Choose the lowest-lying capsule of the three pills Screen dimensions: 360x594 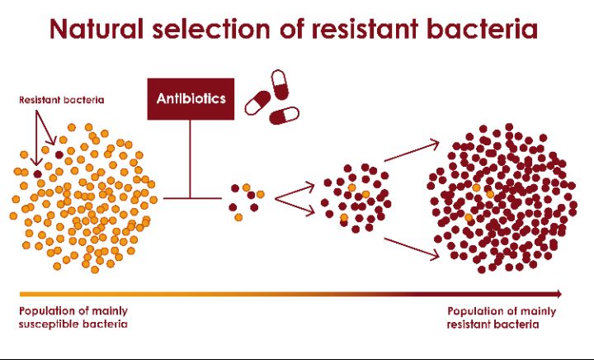[x=285, y=114]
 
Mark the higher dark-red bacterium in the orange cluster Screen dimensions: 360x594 [x=59, y=154]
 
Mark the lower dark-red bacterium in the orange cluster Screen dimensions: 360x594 [x=37, y=173]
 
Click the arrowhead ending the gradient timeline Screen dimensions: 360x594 [x=559, y=293]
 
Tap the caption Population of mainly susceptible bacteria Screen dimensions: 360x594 [x=73, y=317]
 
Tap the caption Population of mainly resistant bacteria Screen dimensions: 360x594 [x=502, y=317]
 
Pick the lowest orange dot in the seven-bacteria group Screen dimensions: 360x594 [x=238, y=217]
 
